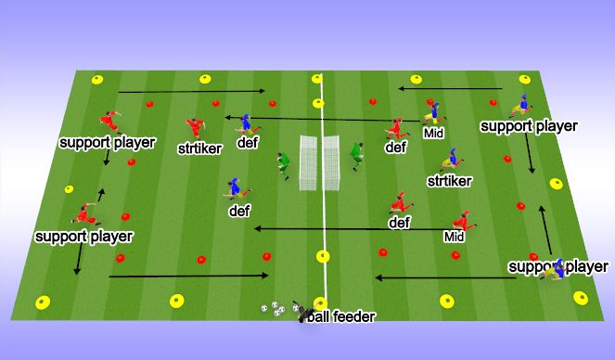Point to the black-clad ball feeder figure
301,314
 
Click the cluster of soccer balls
274,308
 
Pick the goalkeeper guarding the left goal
284,165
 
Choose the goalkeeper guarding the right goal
355,154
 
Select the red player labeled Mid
461,223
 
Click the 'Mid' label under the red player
454,237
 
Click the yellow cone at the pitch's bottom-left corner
42,301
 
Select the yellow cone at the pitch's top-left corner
96,79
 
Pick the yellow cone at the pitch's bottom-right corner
583,298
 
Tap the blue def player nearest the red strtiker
247,124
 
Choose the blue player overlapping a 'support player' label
556,268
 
